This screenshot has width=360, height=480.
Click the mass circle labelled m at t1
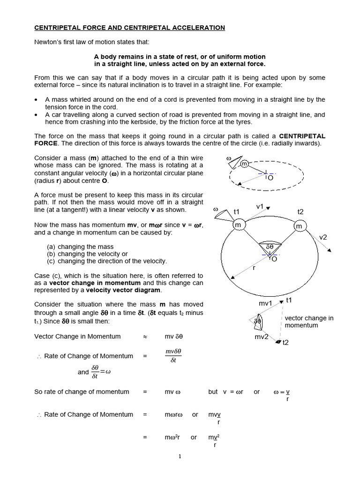[x=239, y=225]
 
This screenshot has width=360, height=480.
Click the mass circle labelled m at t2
[x=299, y=226]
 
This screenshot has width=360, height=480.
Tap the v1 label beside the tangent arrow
[x=260, y=207]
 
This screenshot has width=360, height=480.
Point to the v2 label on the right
[x=323, y=237]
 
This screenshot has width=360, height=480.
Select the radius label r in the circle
[x=254, y=269]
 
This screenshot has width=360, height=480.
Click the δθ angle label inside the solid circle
[x=270, y=247]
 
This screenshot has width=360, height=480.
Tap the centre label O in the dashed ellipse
[x=270, y=178]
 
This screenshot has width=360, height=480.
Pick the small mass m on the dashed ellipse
[x=244, y=164]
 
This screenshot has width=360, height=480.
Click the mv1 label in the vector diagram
[x=265, y=303]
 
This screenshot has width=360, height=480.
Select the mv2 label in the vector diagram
[x=261, y=337]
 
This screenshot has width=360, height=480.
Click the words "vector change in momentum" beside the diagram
[x=309, y=322]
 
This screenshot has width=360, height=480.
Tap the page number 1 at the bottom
[x=180, y=457]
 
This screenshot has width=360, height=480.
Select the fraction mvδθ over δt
[x=173, y=356]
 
